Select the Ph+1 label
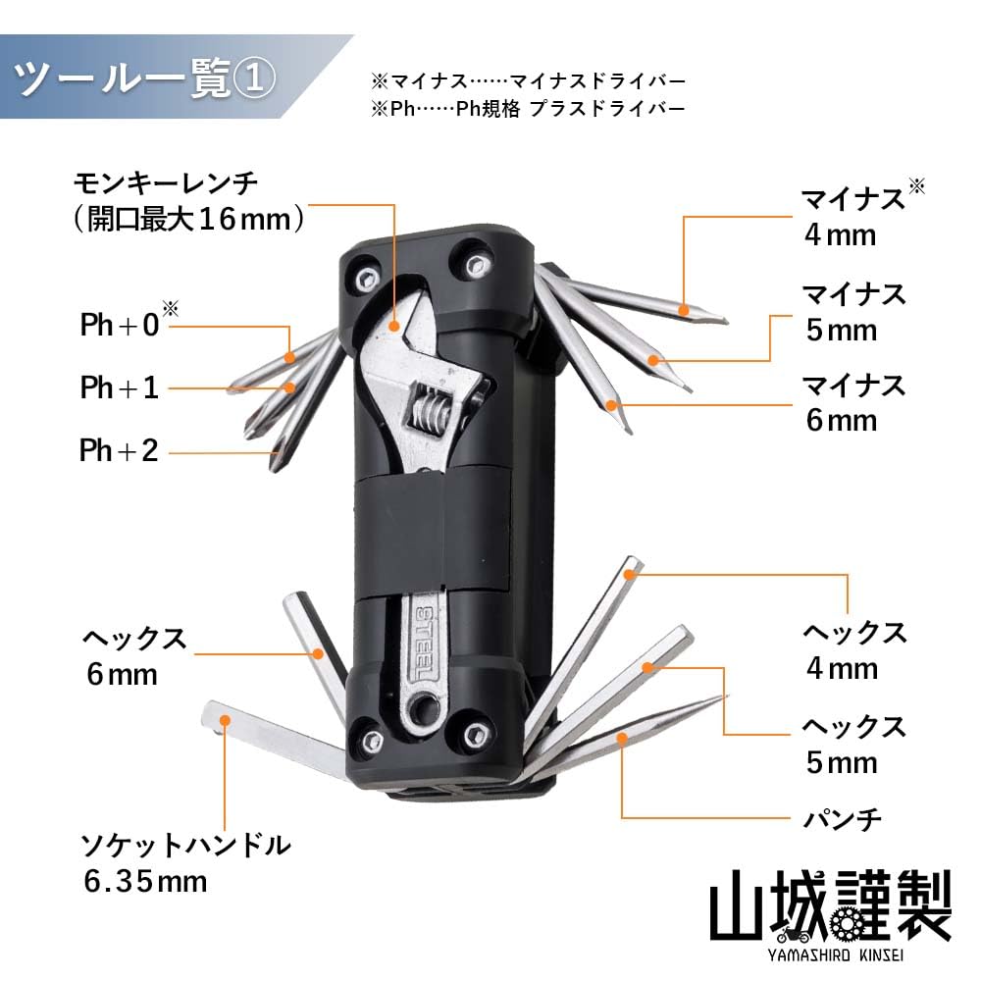point(119,387)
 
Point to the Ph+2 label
point(119,451)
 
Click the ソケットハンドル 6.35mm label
point(185,860)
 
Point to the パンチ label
point(842,816)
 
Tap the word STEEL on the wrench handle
point(424,643)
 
